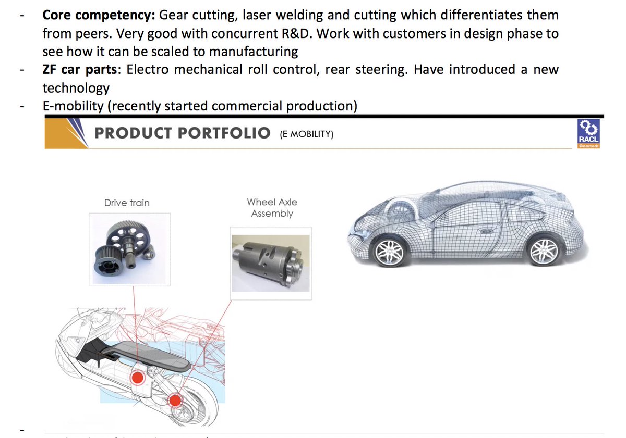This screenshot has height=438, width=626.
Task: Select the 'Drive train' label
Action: tap(127, 203)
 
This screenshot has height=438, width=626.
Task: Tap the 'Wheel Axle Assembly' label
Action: tap(272, 208)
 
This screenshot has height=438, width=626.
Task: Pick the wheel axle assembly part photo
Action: tap(270, 262)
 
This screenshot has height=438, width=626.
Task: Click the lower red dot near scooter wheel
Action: tap(175, 400)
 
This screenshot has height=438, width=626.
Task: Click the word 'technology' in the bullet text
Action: tap(76, 88)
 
